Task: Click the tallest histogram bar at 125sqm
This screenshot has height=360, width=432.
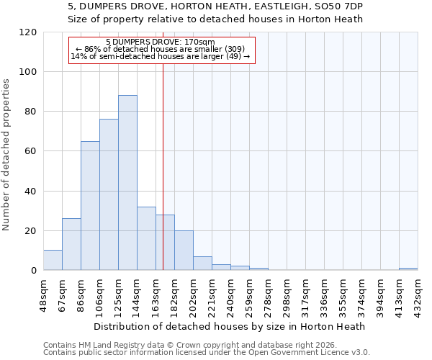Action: pyautogui.click(x=127, y=183)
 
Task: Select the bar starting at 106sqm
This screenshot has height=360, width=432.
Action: pyautogui.click(x=109, y=194)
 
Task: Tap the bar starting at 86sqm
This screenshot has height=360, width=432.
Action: pyautogui.click(x=90, y=206)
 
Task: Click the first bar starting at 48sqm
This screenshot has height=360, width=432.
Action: pyautogui.click(x=53, y=261)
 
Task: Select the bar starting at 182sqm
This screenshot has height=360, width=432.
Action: pyautogui.click(x=184, y=251)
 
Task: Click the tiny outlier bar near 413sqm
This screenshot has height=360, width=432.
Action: pyautogui.click(x=408, y=269)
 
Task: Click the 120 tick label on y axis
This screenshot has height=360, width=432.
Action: pyautogui.click(x=28, y=32)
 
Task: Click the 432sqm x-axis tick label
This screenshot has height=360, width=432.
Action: pyautogui.click(x=418, y=292)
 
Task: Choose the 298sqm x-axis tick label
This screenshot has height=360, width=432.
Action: pyautogui.click(x=287, y=292)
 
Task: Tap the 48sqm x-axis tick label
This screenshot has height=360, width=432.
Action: pyautogui.click(x=43, y=292)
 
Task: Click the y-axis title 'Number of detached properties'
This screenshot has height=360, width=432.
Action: pyautogui.click(x=7, y=155)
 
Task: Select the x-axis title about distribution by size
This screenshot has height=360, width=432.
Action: pyautogui.click(x=230, y=326)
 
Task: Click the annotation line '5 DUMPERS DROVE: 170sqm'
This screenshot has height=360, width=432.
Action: pyautogui.click(x=160, y=42)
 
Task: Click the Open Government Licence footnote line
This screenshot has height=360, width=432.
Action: pyautogui.click(x=207, y=353)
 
